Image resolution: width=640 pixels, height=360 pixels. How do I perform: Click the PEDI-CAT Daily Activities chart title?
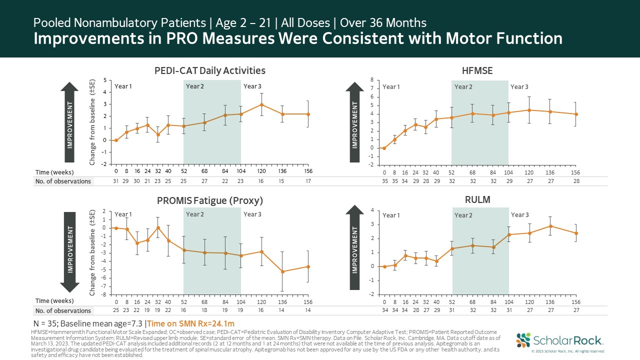pyautogui.click(x=209, y=70)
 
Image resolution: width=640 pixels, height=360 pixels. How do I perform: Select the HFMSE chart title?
pyautogui.click(x=477, y=71)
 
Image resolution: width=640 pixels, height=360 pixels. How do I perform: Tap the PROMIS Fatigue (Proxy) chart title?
pyautogui.click(x=209, y=200)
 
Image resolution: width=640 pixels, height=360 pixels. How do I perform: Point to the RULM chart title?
pyautogui.click(x=477, y=200)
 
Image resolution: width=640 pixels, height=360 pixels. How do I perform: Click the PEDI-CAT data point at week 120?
pyautogui.click(x=261, y=104)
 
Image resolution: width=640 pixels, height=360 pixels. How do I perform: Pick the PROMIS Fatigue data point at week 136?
pyautogui.click(x=282, y=271)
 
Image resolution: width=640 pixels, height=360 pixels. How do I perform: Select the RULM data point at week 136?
pyautogui.click(x=550, y=226)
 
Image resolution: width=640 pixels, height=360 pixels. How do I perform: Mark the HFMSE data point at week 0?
pyautogui.click(x=384, y=148)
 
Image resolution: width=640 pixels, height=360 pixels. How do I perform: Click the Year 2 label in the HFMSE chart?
pyautogui.click(x=463, y=87)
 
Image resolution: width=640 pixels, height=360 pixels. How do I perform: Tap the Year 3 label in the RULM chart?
pyautogui.click(x=519, y=215)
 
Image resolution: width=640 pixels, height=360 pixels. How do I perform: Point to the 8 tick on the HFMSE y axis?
pyautogui.click(x=371, y=80)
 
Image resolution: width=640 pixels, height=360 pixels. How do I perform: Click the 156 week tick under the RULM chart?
pyautogui.click(x=576, y=302)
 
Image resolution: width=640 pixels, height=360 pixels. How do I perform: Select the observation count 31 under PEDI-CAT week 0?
pyautogui.click(x=116, y=181)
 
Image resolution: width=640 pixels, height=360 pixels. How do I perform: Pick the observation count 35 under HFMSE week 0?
pyautogui.click(x=384, y=181)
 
